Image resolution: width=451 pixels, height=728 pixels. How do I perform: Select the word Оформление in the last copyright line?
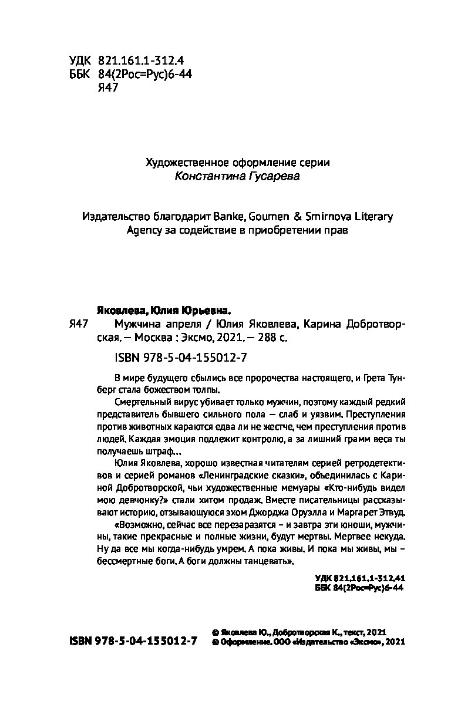pyautogui.click(x=243, y=643)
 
